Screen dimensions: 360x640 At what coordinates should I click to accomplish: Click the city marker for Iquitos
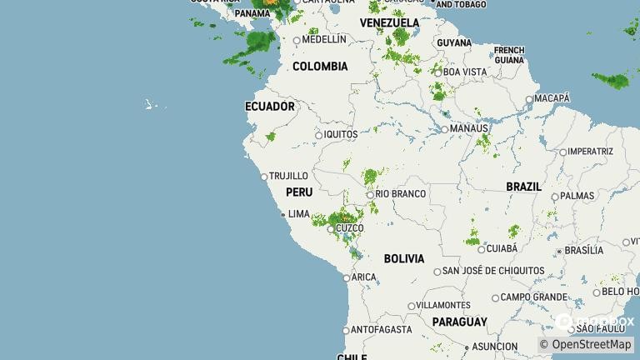tap(318, 135)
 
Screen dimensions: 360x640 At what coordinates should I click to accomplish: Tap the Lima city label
tap(298, 214)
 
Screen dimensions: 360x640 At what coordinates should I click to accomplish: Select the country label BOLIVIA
tap(404, 259)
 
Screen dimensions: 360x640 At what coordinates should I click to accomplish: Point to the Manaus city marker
tap(444, 129)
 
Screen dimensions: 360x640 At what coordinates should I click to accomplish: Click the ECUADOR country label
tap(269, 107)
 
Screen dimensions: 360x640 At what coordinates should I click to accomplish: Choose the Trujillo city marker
tap(264, 177)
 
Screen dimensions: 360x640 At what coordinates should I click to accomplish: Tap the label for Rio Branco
tap(401, 194)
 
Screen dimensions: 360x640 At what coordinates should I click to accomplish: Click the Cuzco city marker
tap(331, 228)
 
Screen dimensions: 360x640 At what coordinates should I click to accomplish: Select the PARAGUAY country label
tap(459, 322)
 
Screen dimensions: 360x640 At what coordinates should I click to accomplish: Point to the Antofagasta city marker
tap(346, 331)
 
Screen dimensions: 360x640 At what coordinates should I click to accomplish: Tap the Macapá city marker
tap(529, 100)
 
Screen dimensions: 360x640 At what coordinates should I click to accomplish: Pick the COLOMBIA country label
tap(320, 67)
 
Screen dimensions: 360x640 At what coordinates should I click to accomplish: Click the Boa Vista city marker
tap(437, 72)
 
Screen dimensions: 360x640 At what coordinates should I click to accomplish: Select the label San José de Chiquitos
tap(493, 271)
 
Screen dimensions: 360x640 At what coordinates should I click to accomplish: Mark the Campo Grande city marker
tap(495, 297)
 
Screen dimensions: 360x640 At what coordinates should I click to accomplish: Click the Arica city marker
tap(347, 278)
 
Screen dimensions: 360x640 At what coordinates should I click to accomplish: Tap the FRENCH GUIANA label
tap(509, 55)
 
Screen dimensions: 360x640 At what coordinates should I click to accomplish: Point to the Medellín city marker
tap(297, 40)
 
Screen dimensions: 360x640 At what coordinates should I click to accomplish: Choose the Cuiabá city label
tap(502, 248)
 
